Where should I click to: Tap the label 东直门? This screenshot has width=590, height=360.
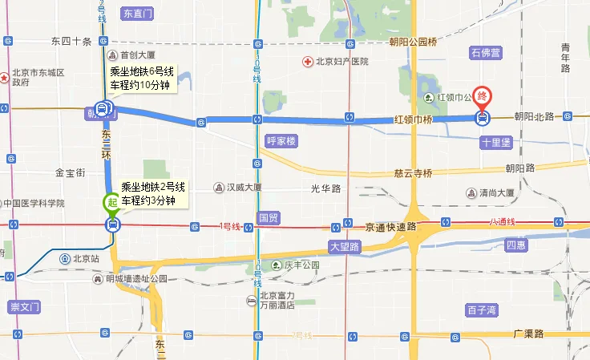coord(138,14)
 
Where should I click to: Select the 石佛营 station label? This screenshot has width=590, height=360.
coord(486,54)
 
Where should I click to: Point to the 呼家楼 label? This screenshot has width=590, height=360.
coord(281,141)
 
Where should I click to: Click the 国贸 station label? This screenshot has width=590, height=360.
coord(268,216)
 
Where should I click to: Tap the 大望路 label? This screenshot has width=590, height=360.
coord(345,246)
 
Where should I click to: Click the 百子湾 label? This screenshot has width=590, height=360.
coord(482,309)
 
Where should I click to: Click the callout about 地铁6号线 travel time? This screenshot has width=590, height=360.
coord(139,79)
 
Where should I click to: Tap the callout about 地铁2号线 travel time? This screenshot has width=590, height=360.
coord(152,193)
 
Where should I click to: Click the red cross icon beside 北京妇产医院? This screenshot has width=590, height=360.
coord(307,62)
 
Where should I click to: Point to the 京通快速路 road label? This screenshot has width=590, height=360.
coord(390,227)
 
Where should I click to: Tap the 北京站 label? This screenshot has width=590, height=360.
coord(84,258)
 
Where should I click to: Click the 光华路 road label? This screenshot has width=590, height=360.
coord(325,188)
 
